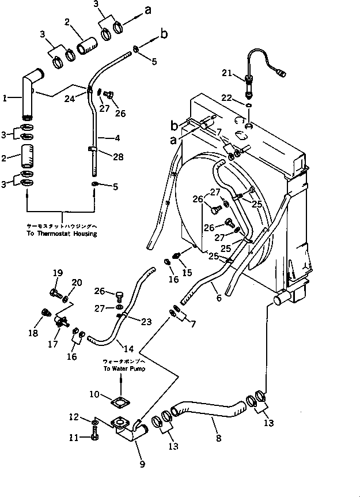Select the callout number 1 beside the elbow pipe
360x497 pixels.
(x=5, y=99)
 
